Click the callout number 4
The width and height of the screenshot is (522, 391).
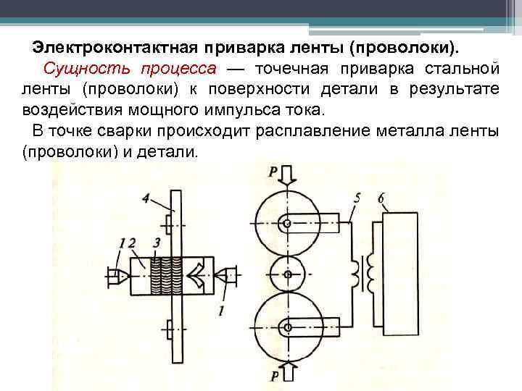(x=146, y=197)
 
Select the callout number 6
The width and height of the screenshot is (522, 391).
(x=381, y=196)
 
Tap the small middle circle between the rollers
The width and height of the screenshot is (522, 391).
(x=288, y=275)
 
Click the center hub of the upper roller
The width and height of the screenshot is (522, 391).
(x=288, y=224)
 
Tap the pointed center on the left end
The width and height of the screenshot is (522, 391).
(x=122, y=274)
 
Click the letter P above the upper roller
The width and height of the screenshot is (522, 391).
(x=272, y=172)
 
